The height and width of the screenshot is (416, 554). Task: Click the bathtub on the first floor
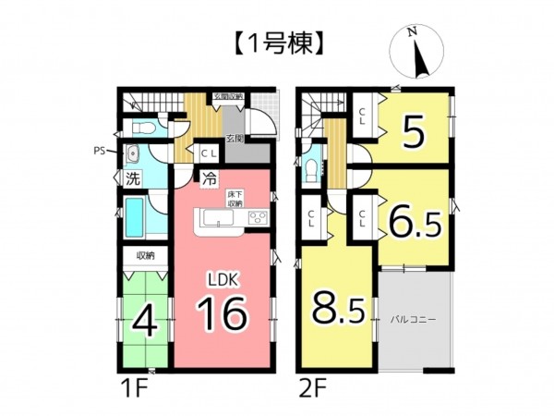point(139,218)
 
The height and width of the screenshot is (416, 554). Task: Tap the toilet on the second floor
point(312,169)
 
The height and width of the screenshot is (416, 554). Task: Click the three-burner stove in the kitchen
point(258,219)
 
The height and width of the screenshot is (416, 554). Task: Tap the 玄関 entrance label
point(235,139)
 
